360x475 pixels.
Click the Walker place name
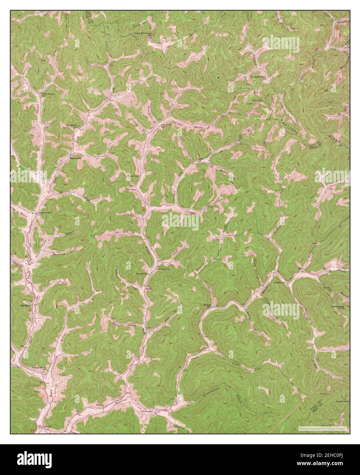click(100, 405)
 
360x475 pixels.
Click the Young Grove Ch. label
click(39, 368)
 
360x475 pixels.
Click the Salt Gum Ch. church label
click(163, 269)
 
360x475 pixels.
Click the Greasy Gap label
click(340, 402)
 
